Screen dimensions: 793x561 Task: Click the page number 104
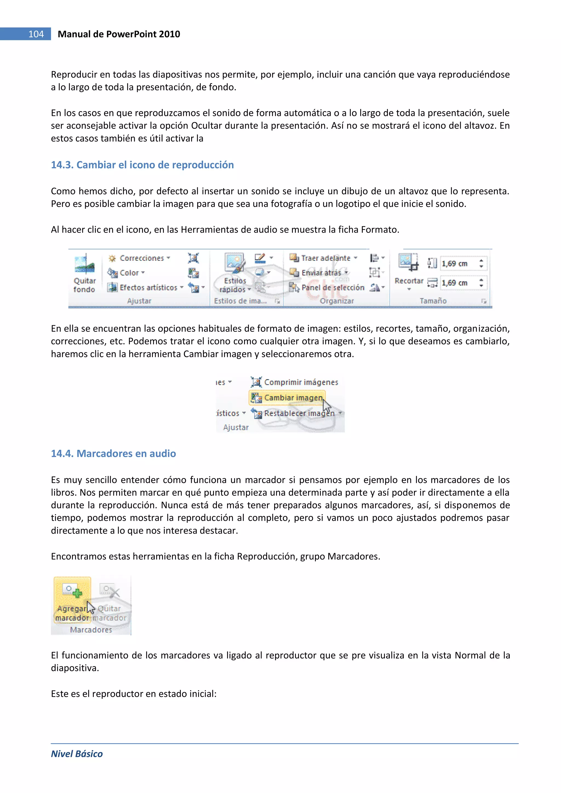click(36, 34)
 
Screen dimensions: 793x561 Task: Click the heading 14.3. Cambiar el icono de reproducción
click(142, 165)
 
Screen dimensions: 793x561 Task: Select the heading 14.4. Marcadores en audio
click(113, 454)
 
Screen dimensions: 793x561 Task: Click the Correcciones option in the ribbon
click(141, 258)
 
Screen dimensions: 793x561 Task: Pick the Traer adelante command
click(325, 258)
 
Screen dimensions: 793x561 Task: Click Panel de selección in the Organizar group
click(332, 287)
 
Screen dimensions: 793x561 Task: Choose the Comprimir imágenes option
click(300, 382)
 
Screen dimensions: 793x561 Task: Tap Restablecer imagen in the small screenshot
click(299, 413)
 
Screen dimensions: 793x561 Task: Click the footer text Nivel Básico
click(77, 754)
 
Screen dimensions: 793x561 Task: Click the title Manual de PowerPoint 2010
click(119, 34)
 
